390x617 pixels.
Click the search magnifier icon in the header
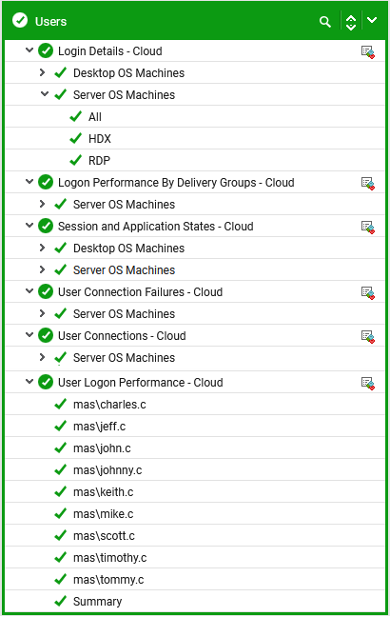click(325, 22)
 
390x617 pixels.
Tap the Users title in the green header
click(50, 21)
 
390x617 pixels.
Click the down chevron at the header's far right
click(372, 20)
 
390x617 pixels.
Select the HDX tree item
click(100, 138)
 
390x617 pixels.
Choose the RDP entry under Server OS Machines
click(99, 161)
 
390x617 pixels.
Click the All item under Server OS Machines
click(95, 117)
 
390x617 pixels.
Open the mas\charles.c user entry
click(109, 405)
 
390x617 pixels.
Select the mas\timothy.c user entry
click(109, 558)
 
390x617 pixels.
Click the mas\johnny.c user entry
click(107, 470)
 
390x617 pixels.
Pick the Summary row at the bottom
click(97, 602)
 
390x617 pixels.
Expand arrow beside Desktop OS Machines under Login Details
click(43, 72)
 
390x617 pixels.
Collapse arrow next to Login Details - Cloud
click(29, 50)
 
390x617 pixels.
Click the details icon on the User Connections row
click(368, 336)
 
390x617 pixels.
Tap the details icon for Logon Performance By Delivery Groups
click(368, 184)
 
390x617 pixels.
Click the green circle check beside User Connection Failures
click(46, 292)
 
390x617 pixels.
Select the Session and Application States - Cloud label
click(156, 227)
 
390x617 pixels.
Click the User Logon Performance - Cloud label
click(141, 383)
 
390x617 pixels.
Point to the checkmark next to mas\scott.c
click(60, 535)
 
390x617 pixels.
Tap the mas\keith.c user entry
click(104, 492)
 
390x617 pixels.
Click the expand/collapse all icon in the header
click(351, 22)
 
